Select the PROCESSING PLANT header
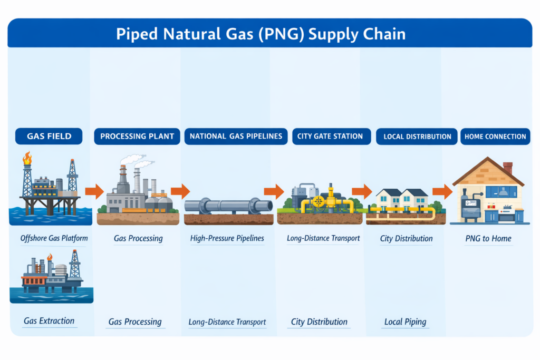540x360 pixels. click(x=137, y=137)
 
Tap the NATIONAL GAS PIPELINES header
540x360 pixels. click(x=236, y=136)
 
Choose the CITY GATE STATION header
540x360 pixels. click(x=330, y=136)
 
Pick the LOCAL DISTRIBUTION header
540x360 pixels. click(x=417, y=137)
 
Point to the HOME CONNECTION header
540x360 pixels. click(x=495, y=137)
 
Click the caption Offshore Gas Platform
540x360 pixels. click(x=54, y=238)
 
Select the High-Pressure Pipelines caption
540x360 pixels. click(x=227, y=238)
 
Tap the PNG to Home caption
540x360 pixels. click(x=488, y=238)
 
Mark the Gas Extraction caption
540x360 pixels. click(x=49, y=320)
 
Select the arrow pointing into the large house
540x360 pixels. click(x=442, y=191)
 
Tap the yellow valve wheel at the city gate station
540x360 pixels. click(x=318, y=201)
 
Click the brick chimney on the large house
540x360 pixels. click(x=508, y=168)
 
